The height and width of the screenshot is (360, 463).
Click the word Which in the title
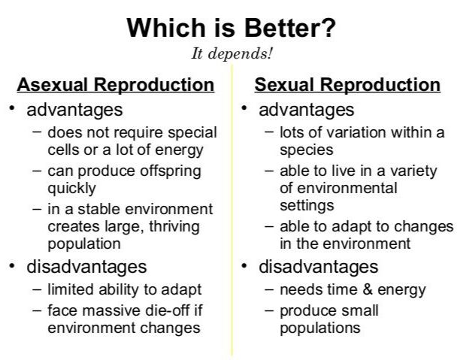click(x=164, y=28)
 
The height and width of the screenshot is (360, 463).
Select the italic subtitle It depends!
click(x=231, y=54)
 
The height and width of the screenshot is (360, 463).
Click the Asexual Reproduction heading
click(x=116, y=84)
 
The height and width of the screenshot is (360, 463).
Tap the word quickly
click(x=72, y=188)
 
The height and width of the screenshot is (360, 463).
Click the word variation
click(x=342, y=132)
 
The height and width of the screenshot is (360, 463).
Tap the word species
click(x=306, y=149)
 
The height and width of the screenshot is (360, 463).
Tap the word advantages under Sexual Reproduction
click(x=306, y=110)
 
